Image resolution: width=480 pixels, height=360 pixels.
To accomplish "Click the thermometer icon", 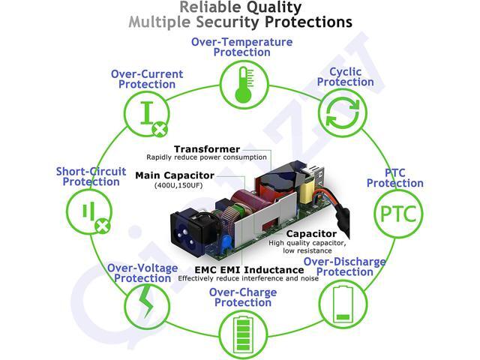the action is click(244, 85).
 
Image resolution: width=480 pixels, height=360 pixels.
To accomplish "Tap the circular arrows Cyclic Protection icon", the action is click(343, 113).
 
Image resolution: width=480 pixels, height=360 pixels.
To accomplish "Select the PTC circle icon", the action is click(398, 214).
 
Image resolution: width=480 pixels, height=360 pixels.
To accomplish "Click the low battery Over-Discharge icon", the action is click(343, 303).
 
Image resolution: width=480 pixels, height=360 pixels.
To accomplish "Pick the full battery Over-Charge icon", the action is click(243, 334).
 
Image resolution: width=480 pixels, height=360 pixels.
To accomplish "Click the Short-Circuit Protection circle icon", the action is click(89, 211).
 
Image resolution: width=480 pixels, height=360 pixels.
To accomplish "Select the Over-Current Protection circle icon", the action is click(147, 113).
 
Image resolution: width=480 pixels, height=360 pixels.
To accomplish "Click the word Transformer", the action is click(207, 149).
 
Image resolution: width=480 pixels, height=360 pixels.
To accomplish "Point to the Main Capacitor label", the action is click(175, 175).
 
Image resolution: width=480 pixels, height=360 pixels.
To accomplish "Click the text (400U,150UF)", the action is click(178, 185).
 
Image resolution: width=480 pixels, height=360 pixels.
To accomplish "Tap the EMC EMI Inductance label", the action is click(249, 270).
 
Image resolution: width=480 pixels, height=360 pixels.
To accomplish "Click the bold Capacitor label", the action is click(311, 234).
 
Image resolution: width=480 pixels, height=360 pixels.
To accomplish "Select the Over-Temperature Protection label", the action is click(241, 46).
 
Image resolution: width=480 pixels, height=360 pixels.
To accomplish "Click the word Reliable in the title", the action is click(210, 7).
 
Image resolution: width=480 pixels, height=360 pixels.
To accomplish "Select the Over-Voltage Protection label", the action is click(142, 273).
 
